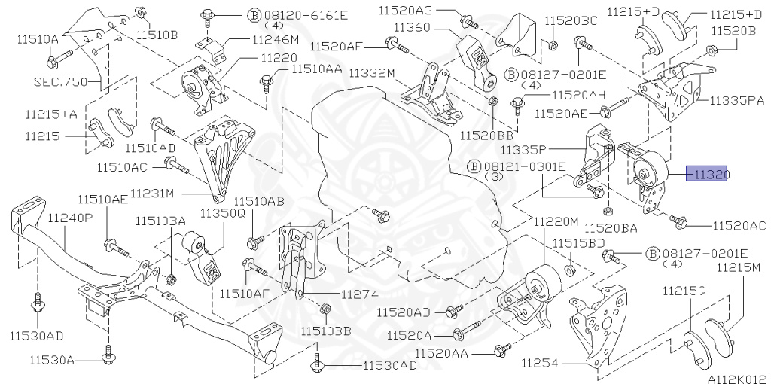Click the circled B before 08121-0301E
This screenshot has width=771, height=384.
click(474, 165)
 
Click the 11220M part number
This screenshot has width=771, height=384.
click(556, 222)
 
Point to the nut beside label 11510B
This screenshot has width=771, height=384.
click(141, 12)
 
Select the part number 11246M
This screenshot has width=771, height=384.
click(275, 39)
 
